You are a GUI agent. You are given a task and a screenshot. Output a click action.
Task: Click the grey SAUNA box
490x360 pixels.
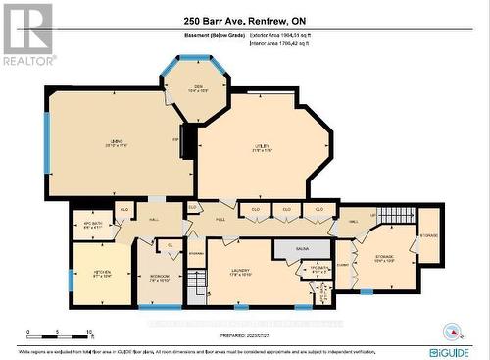pyautogui.click(x=302, y=249)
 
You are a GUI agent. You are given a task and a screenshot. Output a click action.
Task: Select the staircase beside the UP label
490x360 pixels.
pyautogui.click(x=397, y=215)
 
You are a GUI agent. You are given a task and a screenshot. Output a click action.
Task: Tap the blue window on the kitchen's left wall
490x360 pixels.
pyautogui.click(x=70, y=280)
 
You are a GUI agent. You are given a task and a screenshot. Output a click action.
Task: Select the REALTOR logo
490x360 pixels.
pyautogui.click(x=27, y=34)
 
